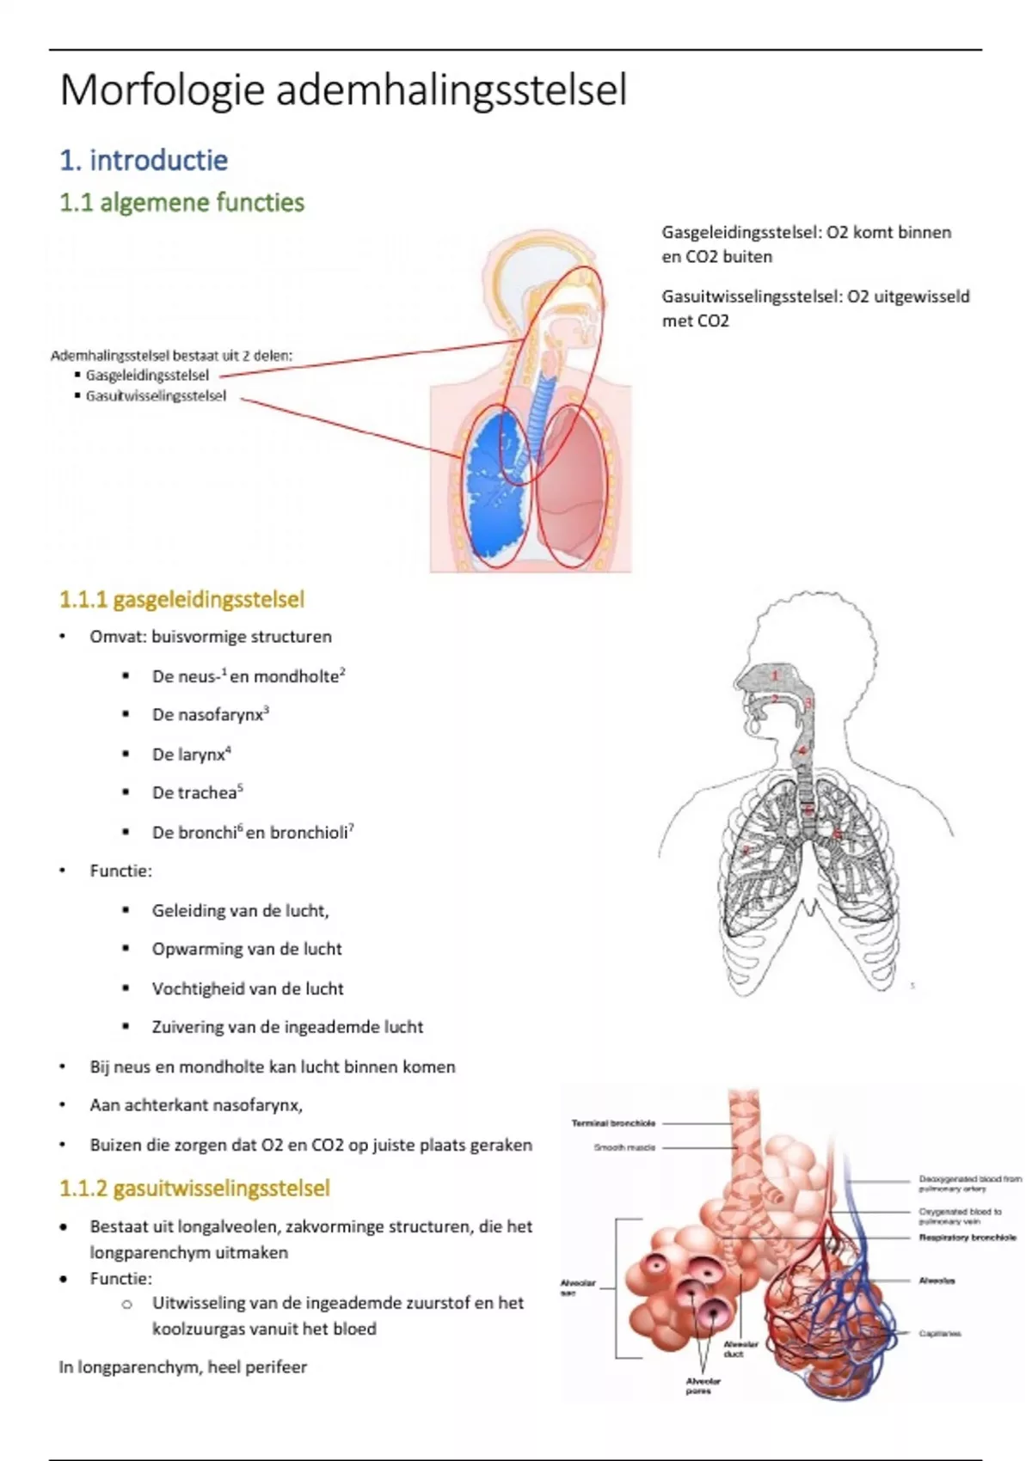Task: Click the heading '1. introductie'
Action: coord(144,160)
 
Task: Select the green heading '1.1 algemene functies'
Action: coord(181,203)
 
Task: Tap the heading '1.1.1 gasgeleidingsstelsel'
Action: coord(181,599)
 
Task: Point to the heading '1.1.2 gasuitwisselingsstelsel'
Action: coord(194,1189)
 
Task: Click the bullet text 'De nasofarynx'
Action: coord(208,715)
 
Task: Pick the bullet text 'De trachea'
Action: coord(195,792)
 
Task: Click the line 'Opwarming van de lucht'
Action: coord(247,949)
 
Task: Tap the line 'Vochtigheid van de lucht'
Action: coord(248,988)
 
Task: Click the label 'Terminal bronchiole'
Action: coord(613,1123)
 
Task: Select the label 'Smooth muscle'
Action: coord(624,1147)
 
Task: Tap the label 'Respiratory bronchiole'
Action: coord(967,1238)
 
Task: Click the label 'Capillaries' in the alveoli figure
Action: coord(939,1334)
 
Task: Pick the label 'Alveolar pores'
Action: coord(703,1385)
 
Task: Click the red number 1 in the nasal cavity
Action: coord(774,675)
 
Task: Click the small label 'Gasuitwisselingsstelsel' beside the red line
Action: coord(156,396)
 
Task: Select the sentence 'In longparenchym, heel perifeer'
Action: coord(182,1366)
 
